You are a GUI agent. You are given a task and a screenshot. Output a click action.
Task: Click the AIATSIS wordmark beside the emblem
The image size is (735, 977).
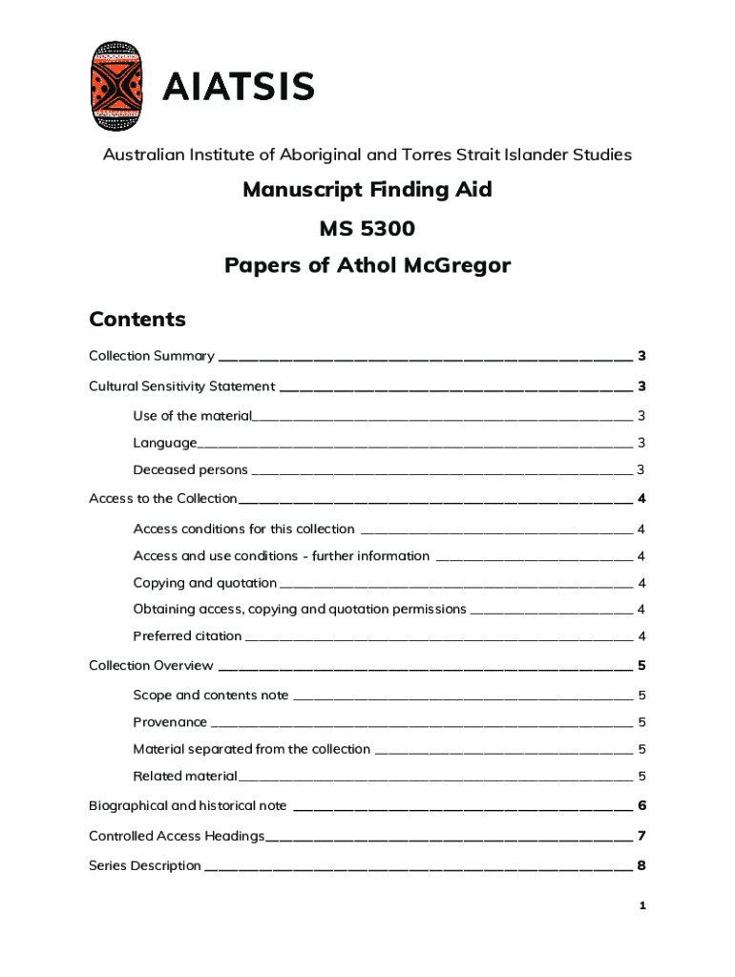[x=238, y=88]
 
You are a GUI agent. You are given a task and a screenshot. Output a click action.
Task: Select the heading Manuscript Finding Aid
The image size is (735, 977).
[x=367, y=190]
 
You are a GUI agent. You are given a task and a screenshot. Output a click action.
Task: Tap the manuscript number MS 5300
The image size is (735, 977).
[x=367, y=228]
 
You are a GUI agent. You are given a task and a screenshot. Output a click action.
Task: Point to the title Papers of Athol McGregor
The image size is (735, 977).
[x=367, y=266]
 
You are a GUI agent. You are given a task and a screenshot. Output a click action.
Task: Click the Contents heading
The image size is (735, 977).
[x=136, y=319]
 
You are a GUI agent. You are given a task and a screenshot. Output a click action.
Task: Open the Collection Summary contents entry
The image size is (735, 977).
[x=151, y=356]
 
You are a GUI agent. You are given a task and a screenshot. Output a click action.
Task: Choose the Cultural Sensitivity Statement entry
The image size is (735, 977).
[x=181, y=386]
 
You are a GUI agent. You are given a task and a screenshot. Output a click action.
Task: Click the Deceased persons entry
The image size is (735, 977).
[x=190, y=469]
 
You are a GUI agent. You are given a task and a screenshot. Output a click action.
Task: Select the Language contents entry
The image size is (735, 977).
[x=165, y=443]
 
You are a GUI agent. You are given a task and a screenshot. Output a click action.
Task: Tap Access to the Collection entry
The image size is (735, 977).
[x=162, y=498]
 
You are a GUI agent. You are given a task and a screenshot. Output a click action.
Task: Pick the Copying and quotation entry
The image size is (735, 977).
[x=204, y=583]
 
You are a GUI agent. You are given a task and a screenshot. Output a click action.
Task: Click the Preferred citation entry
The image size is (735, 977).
[x=187, y=635]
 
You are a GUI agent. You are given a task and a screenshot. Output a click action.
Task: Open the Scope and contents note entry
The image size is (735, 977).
[x=210, y=695]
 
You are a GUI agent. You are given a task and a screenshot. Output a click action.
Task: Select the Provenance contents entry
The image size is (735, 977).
[x=170, y=721]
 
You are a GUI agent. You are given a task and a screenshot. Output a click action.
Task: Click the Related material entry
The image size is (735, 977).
[x=184, y=776]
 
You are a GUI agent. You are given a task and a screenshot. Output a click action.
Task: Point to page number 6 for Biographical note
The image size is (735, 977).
[x=642, y=805]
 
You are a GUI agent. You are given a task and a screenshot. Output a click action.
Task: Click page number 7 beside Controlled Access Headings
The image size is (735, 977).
[x=642, y=836]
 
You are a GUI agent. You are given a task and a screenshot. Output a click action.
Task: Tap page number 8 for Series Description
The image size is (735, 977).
[x=642, y=865]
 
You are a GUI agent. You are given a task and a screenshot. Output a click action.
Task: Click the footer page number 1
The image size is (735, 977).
[x=643, y=904]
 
